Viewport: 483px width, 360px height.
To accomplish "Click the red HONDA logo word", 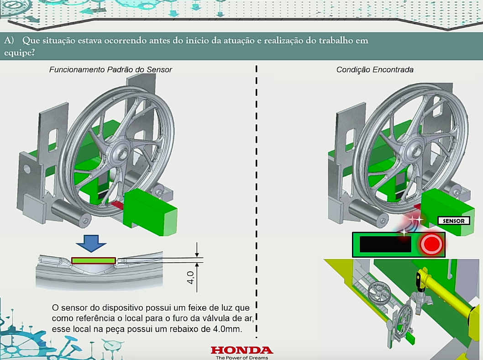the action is [x=242, y=350].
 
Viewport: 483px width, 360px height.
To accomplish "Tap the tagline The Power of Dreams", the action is [x=242, y=358].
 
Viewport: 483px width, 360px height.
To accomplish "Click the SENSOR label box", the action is [x=453, y=221].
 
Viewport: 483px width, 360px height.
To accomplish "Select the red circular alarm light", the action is [x=431, y=244].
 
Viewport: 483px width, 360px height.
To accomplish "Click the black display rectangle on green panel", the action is [x=385, y=244].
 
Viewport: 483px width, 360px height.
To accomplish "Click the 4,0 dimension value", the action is [x=191, y=278].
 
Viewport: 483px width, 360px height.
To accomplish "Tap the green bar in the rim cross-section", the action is [x=94, y=261].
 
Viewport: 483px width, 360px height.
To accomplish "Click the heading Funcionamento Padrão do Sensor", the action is [x=110, y=69].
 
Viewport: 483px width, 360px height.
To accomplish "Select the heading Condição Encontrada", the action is [x=375, y=69].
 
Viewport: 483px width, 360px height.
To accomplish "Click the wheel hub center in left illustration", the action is [x=121, y=153].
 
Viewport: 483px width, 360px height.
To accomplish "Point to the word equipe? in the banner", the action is [x=19, y=53].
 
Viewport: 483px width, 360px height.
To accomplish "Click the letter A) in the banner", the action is [x=9, y=41].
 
